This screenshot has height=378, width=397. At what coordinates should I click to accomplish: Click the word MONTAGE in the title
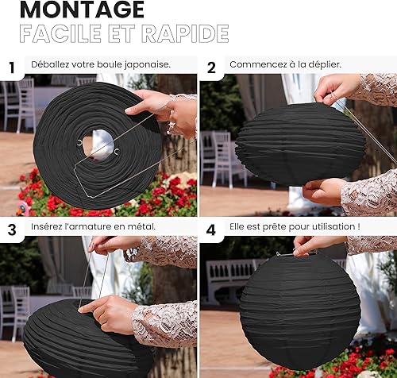point(82,10)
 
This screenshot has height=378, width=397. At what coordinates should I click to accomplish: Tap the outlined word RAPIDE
point(185,33)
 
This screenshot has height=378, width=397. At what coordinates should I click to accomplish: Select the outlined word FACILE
point(60,33)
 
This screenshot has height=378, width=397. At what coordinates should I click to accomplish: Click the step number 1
point(12,67)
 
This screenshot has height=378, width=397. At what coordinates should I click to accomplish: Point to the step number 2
point(211,67)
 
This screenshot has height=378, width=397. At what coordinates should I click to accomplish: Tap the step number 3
point(12,229)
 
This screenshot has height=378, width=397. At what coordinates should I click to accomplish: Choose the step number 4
point(211,229)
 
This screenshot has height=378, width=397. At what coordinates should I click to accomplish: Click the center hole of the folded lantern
point(98,145)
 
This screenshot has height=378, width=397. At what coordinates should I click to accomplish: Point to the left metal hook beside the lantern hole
point(79,143)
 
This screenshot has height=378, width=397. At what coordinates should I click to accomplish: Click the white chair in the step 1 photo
point(25,105)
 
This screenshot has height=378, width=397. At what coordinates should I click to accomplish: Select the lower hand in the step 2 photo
point(323,191)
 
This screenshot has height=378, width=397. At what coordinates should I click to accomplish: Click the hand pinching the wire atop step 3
point(114,245)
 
